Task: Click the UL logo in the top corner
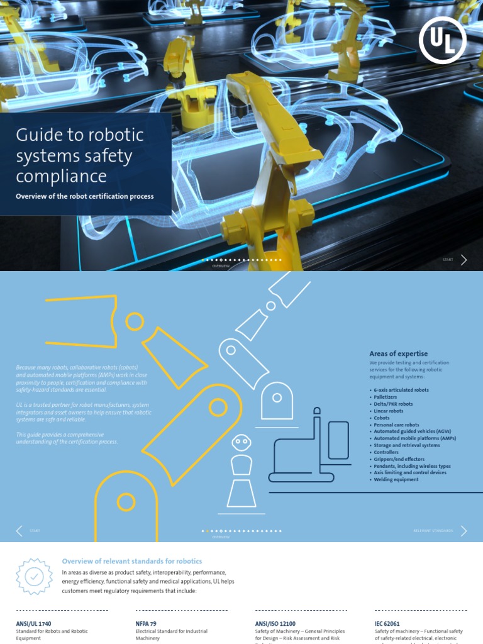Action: [442, 40]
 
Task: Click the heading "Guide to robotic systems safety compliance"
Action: [80, 155]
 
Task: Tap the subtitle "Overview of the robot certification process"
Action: [85, 196]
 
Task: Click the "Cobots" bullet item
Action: [382, 418]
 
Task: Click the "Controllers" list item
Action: [386, 452]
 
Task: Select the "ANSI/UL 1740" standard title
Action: [33, 623]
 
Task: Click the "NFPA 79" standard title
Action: [147, 623]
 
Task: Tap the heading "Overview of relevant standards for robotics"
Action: [132, 561]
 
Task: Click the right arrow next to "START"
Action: [464, 260]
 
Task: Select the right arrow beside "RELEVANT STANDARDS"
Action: [464, 531]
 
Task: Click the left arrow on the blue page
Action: [19, 531]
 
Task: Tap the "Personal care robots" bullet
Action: [396, 425]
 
